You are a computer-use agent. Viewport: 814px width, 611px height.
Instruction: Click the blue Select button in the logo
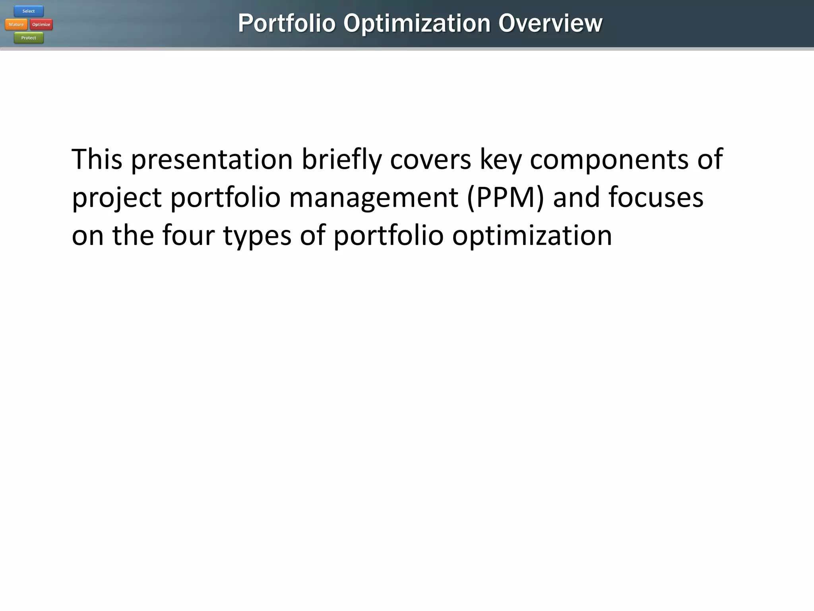pyautogui.click(x=29, y=11)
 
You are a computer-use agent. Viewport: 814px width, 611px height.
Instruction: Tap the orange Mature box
pyautogui.click(x=16, y=25)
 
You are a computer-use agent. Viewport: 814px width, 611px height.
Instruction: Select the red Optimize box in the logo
pyautogui.click(x=41, y=25)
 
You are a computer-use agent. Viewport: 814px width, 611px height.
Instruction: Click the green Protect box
pyautogui.click(x=29, y=38)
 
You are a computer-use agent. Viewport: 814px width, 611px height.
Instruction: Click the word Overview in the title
pyautogui.click(x=550, y=23)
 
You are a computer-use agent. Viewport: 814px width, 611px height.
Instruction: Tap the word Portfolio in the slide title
pyautogui.click(x=287, y=23)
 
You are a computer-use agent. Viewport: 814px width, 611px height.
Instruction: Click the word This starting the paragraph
pyautogui.click(x=97, y=159)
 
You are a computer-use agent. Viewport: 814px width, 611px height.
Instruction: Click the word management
pyautogui.click(x=373, y=198)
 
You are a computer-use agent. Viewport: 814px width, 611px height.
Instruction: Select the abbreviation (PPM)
pyautogui.click(x=506, y=198)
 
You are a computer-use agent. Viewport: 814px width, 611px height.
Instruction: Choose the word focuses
pyautogui.click(x=655, y=197)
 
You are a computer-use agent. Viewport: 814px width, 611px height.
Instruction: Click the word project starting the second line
pyautogui.click(x=116, y=198)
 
